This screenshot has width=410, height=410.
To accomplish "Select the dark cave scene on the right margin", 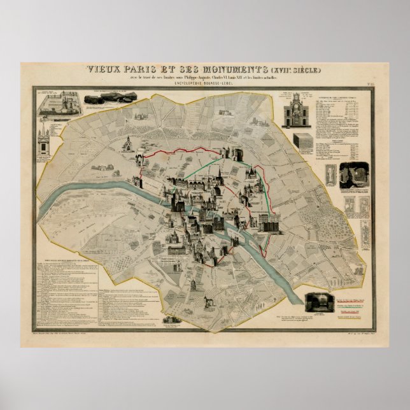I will [x=354, y=174].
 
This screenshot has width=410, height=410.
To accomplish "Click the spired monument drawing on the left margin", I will [x=43, y=141].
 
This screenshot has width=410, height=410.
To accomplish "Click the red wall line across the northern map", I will [x=185, y=150].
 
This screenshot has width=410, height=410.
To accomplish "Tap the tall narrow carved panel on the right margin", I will [x=330, y=174].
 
